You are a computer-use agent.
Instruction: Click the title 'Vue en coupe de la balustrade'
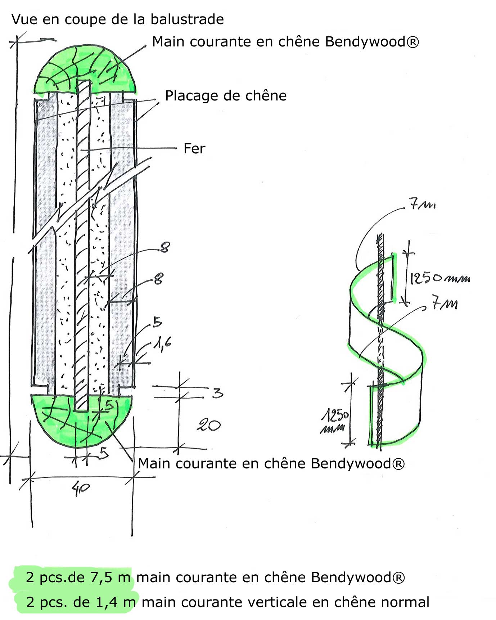tap(117, 19)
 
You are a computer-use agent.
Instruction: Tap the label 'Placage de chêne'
tap(226, 96)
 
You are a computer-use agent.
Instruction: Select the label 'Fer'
tap(194, 149)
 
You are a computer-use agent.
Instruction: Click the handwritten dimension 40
tap(81, 489)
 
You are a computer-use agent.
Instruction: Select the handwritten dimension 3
tap(217, 392)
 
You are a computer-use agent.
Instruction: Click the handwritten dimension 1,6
tap(162, 344)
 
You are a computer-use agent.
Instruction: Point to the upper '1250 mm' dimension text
tap(439, 278)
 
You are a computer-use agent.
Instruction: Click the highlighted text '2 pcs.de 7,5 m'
tap(78, 578)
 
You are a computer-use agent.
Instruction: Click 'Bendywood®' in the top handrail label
tap(372, 42)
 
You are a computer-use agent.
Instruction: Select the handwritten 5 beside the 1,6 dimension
tap(157, 322)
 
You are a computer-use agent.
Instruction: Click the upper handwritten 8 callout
tap(165, 247)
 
